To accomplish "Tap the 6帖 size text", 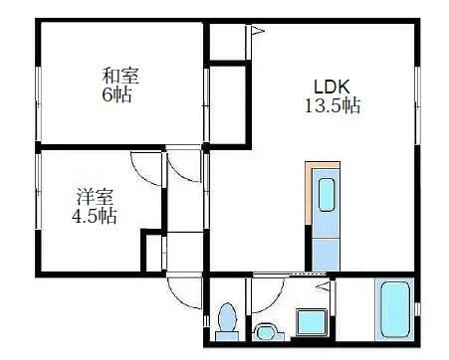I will [117, 95].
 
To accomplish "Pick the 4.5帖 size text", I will [94, 215].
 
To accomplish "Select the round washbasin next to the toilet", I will [265, 330].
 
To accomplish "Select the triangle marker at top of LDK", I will [256, 31].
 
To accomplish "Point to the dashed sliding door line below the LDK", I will [276, 273].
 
